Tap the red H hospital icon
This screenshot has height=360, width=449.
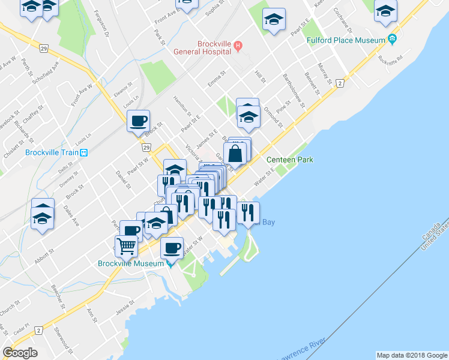[x=238, y=44]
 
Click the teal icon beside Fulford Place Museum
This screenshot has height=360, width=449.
[x=392, y=40]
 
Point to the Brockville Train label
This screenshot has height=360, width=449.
[x=52, y=152]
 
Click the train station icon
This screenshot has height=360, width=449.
[x=85, y=152]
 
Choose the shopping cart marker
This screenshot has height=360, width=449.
[x=126, y=245]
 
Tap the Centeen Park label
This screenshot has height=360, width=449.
[x=290, y=160]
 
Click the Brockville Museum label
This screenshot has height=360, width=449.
[x=131, y=263]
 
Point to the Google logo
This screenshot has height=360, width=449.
[x=20, y=353]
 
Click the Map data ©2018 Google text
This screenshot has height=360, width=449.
[x=411, y=355]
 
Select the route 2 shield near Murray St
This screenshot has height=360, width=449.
[x=340, y=83]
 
